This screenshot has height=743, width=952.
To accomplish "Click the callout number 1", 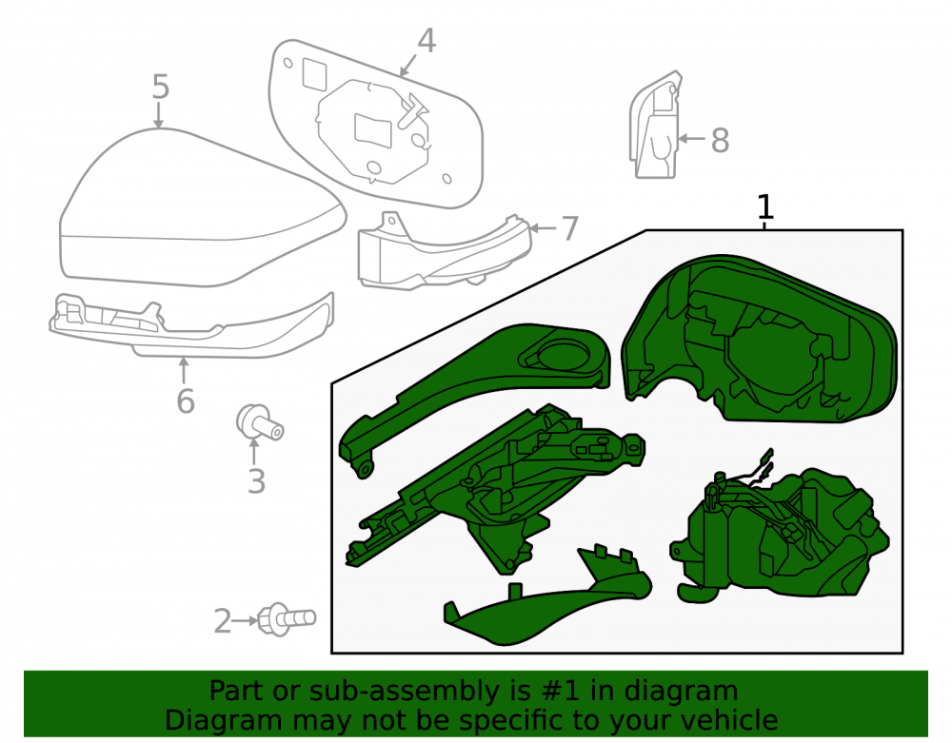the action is pyautogui.click(x=765, y=206).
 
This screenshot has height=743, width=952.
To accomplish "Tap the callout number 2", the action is pyautogui.click(x=223, y=621).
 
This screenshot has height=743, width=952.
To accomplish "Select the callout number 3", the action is pyautogui.click(x=256, y=481).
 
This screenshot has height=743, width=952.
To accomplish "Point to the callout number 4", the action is pyautogui.click(x=426, y=41).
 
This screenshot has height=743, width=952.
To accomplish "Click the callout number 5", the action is pyautogui.click(x=160, y=87).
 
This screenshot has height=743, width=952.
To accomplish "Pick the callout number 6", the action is pyautogui.click(x=186, y=401).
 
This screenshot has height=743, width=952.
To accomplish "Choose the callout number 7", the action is pyautogui.click(x=569, y=228).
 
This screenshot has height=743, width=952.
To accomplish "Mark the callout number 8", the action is pyautogui.click(x=720, y=141).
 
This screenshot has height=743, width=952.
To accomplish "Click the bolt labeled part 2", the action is pyautogui.click(x=287, y=619).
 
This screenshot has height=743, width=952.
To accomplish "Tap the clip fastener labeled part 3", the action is pyautogui.click(x=259, y=421).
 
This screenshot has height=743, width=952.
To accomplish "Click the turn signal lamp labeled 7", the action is pyautogui.click(x=445, y=252).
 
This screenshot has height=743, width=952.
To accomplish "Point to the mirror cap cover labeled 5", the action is pyautogui.click(x=202, y=208).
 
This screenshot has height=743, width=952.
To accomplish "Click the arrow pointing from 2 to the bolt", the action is pyautogui.click(x=246, y=620).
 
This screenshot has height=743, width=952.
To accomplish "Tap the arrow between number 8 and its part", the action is pyautogui.click(x=691, y=139).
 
